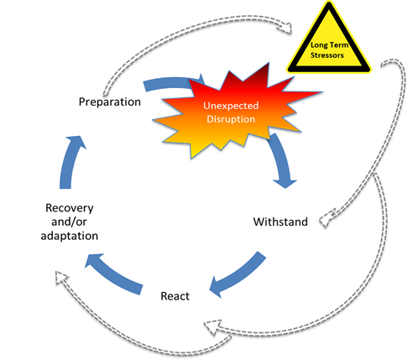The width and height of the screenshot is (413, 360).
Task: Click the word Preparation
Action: pyautogui.click(x=110, y=102)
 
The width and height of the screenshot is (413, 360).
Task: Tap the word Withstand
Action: pyautogui.click(x=280, y=222)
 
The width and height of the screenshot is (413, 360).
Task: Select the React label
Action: pyautogui.click(x=175, y=296)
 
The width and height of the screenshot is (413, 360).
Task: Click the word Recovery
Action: pyautogui.click(x=70, y=208)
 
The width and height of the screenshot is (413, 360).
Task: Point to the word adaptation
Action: pyautogui.click(x=70, y=236)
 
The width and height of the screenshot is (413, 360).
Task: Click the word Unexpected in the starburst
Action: pyautogui.click(x=231, y=106)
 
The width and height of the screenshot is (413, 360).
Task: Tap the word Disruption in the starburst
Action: pyautogui.click(x=231, y=119)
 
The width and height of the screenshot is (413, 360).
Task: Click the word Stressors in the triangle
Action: pyautogui.click(x=327, y=55)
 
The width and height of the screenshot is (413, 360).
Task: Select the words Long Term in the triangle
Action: pyautogui.click(x=329, y=45)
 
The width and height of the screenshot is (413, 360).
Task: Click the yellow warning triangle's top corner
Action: pyautogui.click(x=329, y=3)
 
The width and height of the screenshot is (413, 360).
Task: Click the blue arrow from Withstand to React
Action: pyautogui.click(x=237, y=275)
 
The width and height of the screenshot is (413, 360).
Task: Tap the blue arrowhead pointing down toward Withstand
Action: pyautogui.click(x=285, y=183)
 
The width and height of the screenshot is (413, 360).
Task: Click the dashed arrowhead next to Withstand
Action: pyautogui.click(x=327, y=218)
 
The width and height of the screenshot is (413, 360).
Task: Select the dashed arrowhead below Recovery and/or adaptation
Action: pyautogui.click(x=61, y=278)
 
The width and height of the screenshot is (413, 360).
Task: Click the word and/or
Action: pyautogui.click(x=69, y=222)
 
